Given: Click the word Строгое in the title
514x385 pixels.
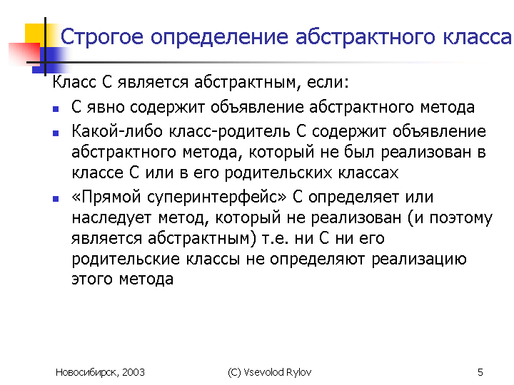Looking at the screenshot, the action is tap(102, 37).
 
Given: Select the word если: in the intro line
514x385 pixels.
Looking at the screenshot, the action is tap(328, 82).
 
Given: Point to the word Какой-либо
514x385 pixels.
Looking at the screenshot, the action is tap(117, 131).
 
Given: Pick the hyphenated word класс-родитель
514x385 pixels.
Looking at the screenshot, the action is tap(229, 132).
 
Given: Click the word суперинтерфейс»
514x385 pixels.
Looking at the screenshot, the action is tap(216, 197).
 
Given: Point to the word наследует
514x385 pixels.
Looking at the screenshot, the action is tap(111, 218).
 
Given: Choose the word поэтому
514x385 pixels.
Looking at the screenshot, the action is tap(461, 218).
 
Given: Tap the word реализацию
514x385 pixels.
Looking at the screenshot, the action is tap(419, 260).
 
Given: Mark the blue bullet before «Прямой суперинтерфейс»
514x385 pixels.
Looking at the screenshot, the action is tap(56, 198).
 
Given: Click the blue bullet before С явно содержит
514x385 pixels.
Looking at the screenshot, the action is tap(56, 108).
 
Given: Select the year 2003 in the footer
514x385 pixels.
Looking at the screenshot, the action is tap(133, 372).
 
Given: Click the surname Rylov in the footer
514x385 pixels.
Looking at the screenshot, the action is tap(298, 373).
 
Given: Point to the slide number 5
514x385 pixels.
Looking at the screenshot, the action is tap(480, 372).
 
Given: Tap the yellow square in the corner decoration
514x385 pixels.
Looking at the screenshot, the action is tap(35, 34).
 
